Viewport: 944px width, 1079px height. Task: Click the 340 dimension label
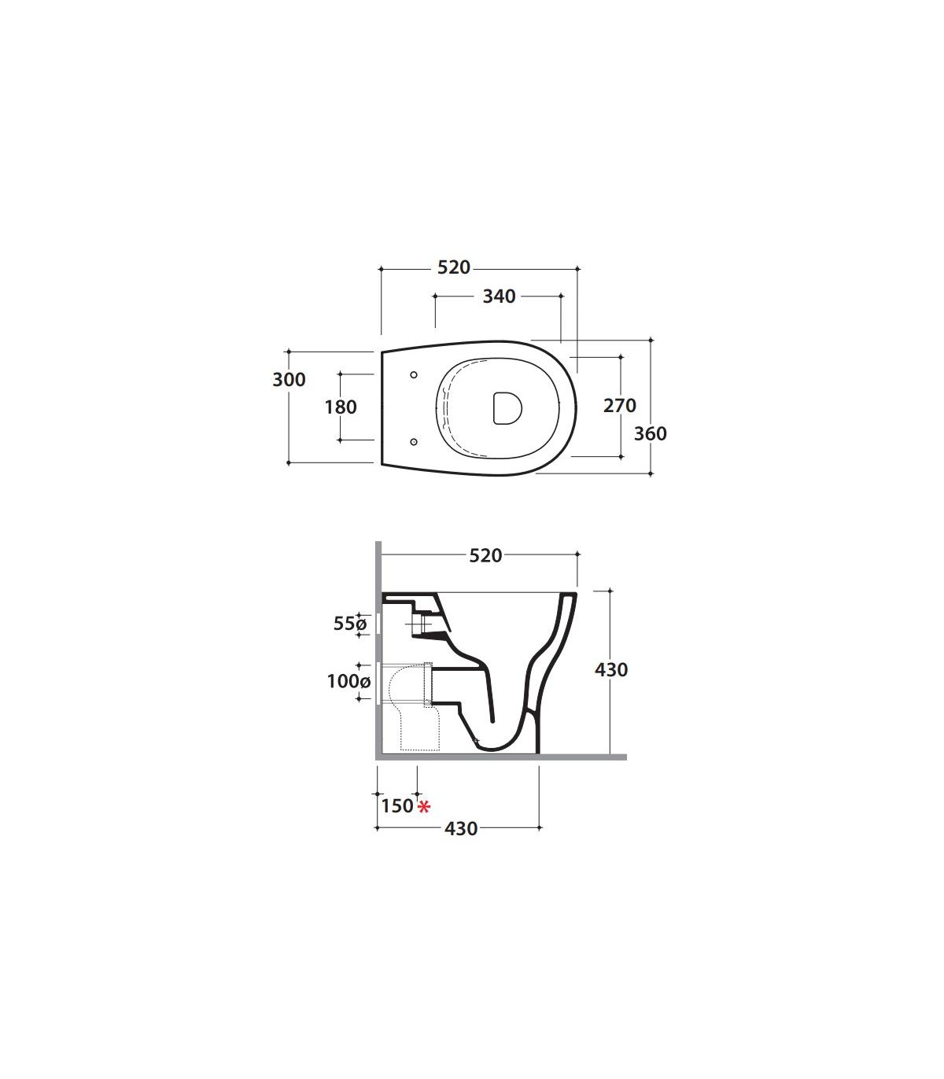click(499, 296)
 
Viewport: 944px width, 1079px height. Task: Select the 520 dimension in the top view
click(454, 267)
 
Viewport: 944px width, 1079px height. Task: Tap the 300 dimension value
click(289, 379)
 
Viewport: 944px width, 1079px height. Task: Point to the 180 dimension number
click(341, 407)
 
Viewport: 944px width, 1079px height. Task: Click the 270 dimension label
click(620, 405)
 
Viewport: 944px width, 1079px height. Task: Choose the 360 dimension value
click(651, 433)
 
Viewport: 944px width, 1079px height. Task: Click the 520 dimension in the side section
click(485, 556)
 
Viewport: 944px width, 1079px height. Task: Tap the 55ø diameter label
click(349, 624)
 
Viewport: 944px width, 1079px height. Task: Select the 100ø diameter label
click(348, 681)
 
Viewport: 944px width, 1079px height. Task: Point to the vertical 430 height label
click(611, 670)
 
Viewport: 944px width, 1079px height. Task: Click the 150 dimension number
click(397, 806)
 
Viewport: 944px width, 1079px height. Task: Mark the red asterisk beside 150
click(424, 807)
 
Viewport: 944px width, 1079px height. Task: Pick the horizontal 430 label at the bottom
click(461, 829)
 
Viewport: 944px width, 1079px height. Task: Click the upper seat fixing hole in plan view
click(414, 374)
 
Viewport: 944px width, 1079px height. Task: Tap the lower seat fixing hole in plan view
click(414, 441)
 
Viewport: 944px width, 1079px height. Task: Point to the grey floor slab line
click(501, 757)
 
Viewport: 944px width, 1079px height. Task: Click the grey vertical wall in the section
click(378, 650)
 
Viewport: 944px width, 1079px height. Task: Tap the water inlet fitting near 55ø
click(421, 624)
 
